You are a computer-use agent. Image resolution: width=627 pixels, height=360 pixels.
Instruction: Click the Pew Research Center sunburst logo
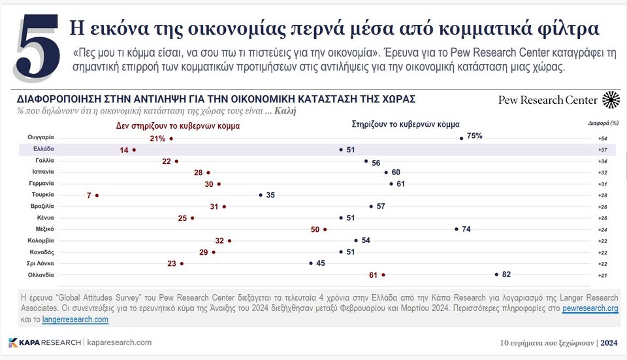[x=611, y=100]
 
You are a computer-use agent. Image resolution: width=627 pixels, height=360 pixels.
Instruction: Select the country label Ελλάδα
[x=45, y=150]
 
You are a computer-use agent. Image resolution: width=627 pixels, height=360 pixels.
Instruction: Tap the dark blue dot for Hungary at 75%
[x=462, y=138]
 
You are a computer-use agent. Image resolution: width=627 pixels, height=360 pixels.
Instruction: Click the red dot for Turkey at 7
[x=97, y=195]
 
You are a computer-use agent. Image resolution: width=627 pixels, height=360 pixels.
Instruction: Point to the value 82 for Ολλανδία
[x=507, y=274]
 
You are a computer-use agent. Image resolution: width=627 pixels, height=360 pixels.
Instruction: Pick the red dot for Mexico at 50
[x=325, y=229]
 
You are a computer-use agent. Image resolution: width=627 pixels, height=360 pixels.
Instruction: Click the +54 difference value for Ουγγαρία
[x=603, y=139]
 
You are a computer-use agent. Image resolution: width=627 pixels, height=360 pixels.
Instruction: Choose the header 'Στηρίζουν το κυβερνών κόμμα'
[x=405, y=123]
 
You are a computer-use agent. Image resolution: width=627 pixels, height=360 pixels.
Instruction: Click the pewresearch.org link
[x=590, y=308]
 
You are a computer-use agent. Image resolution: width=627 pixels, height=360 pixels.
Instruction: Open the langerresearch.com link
[x=75, y=319]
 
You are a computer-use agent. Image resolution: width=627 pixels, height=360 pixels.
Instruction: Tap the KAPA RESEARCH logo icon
[x=13, y=342]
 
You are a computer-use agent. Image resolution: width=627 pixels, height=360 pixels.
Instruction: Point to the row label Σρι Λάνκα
[x=44, y=263]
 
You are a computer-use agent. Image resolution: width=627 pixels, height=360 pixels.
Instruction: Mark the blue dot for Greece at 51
[x=341, y=150]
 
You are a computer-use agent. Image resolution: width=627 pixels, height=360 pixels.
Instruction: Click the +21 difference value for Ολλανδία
[x=603, y=274]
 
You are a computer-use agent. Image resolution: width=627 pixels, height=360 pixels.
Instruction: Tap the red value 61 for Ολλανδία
[x=373, y=274]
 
